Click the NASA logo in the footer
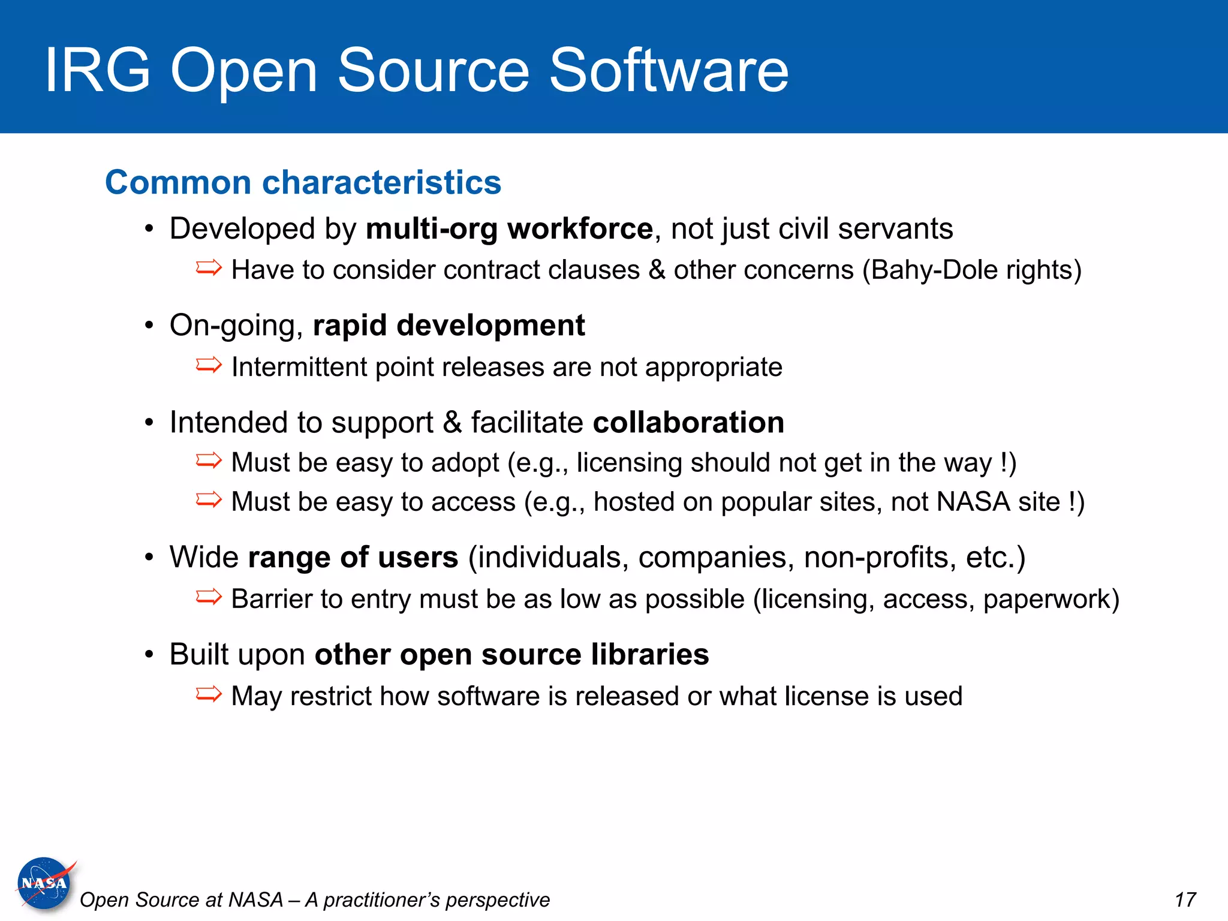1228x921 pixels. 44,883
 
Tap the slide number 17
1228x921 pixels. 1185,900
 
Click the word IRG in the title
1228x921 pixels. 98,71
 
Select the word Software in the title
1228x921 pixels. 669,71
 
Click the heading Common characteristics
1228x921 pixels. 303,182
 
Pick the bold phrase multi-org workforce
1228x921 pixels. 509,229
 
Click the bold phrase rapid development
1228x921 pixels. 449,326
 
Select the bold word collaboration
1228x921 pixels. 688,423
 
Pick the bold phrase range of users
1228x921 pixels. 353,557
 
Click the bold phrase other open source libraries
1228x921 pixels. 511,654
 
